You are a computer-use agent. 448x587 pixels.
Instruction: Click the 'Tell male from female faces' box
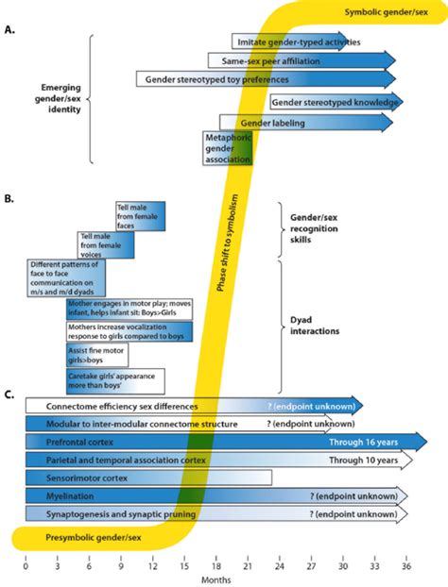tap(140, 213)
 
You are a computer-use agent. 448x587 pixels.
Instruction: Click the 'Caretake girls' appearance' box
tap(114, 380)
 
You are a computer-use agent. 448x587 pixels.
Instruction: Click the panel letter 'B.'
tap(9, 199)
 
